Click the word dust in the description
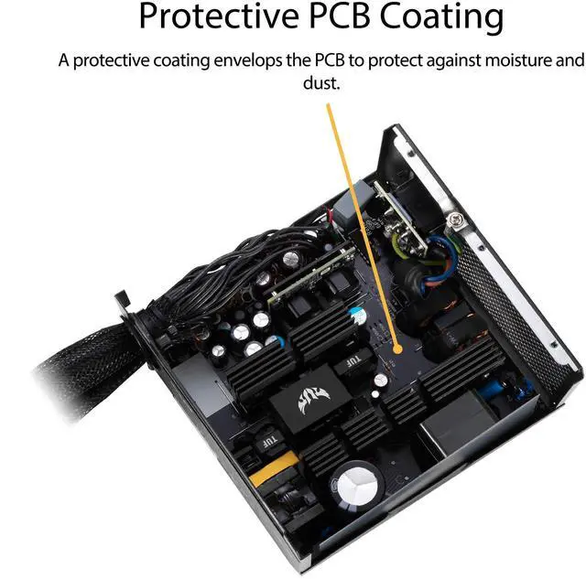pos(320,83)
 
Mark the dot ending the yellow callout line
pos(396,348)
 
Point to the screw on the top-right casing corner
pos(452,220)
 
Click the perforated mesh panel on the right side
pos(517,311)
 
